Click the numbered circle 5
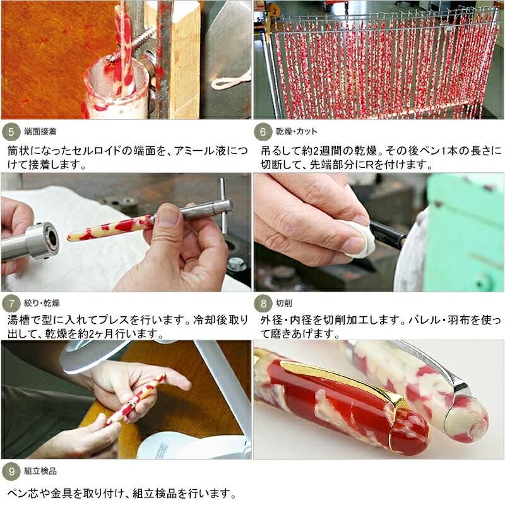point(11,132)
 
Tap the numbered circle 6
point(263,132)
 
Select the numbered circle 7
point(11,304)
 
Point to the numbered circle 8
point(263,304)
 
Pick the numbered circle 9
point(11,472)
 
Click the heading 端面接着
point(40,131)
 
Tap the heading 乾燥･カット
point(296,131)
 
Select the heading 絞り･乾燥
point(42,303)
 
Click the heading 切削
point(283,303)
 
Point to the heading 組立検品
point(40,471)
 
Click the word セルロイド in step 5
point(98,151)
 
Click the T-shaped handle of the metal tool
point(223,206)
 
